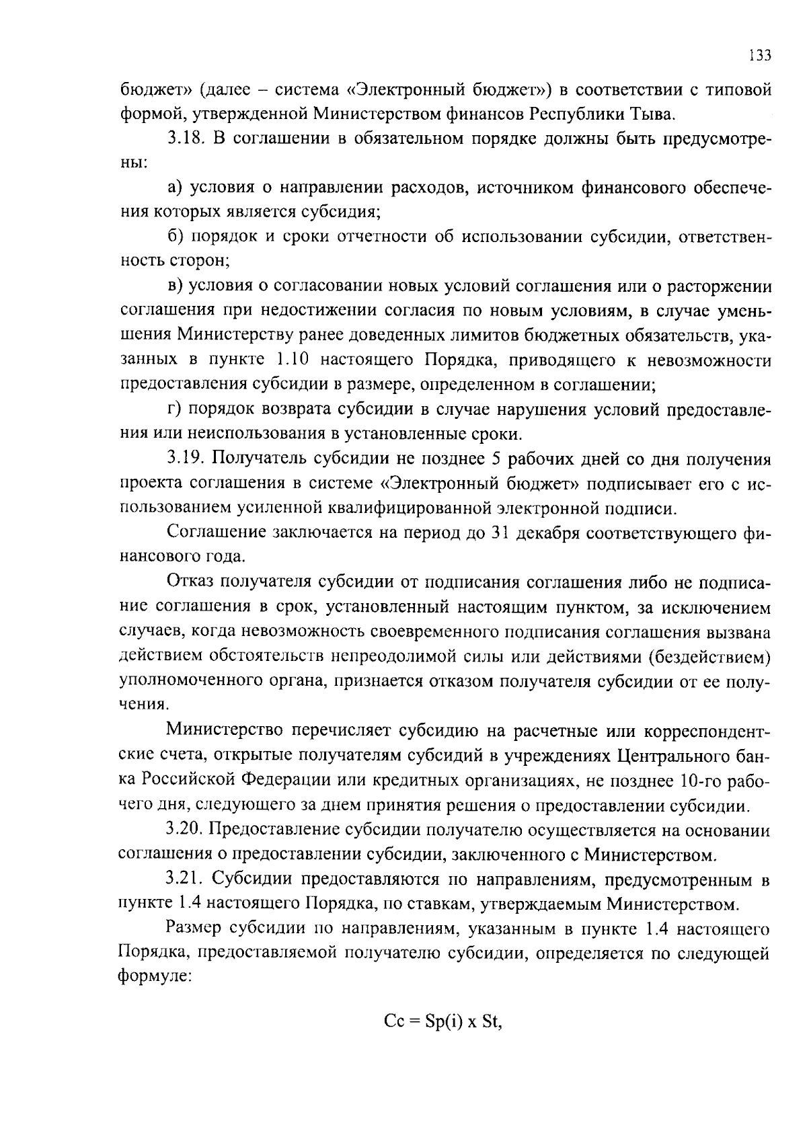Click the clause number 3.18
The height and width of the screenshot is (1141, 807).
[186, 139]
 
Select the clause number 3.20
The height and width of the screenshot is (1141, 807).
[186, 830]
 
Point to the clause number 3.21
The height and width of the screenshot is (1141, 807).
[186, 879]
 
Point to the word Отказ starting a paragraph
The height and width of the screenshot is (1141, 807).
[192, 582]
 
